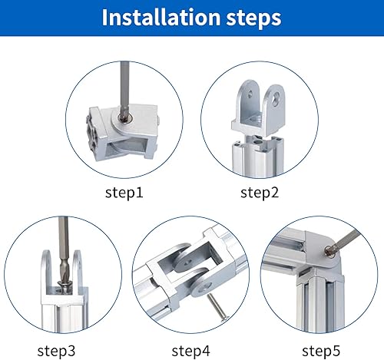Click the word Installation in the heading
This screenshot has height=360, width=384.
(161, 18)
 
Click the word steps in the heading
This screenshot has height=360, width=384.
(253, 18)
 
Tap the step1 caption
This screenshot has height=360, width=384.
(124, 193)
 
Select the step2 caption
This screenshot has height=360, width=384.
(259, 193)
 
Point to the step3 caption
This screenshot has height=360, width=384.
(56, 351)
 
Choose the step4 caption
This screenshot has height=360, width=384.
(190, 351)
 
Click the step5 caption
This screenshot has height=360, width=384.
(321, 351)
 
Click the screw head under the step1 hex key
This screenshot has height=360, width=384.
(124, 117)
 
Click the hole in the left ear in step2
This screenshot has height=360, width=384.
(250, 94)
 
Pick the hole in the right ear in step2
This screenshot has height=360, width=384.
(276, 98)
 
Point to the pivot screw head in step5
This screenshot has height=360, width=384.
(329, 251)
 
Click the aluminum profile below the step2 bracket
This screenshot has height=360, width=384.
(258, 156)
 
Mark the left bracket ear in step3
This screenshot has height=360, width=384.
(46, 271)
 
